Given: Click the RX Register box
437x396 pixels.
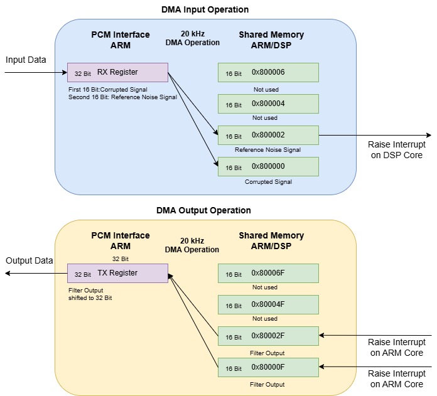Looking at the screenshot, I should [117, 73].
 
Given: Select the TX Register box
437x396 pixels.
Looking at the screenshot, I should [117, 274].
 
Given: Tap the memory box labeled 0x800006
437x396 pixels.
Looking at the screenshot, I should [268, 73].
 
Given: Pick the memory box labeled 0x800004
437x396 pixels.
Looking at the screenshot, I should [268, 104].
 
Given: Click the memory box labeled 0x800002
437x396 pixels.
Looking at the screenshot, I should [268, 136].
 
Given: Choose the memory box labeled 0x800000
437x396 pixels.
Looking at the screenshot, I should [268, 167].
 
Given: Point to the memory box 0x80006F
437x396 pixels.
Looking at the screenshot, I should [268, 274].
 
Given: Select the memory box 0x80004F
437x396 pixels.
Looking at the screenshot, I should [268, 305].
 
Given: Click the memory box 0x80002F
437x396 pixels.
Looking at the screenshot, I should [268, 336].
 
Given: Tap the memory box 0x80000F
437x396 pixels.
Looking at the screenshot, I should [268, 367].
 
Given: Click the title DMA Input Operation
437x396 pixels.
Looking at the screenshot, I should [205, 9].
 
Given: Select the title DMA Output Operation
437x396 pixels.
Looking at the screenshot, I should [203, 210].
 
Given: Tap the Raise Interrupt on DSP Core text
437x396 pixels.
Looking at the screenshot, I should [397, 149].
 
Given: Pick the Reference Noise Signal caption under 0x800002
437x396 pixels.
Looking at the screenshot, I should [268, 150].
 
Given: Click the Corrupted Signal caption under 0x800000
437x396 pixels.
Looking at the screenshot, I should [268, 182].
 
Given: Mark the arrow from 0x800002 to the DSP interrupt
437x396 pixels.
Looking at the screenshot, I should [375, 136].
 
